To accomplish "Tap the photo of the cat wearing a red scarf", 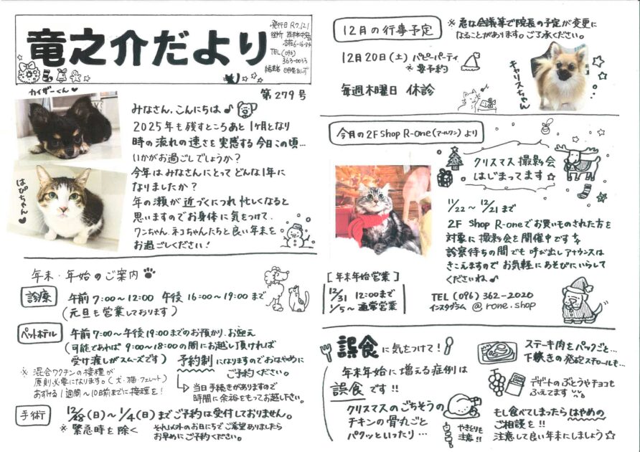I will click(382, 211).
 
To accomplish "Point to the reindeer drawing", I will click(582, 162).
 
